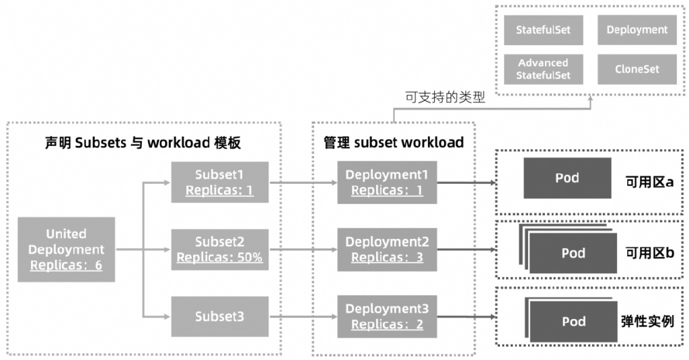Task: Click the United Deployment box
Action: coord(66,250)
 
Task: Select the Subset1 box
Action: coord(219,182)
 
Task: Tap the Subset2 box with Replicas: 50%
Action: coord(219,249)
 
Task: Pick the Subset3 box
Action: coord(219,316)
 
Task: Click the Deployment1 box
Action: coord(387,182)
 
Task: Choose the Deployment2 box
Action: coord(387,249)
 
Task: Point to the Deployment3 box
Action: coord(387,316)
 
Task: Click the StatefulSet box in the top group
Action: coord(543,30)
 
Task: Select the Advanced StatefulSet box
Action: coord(543,69)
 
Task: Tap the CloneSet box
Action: coord(637,69)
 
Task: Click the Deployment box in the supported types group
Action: coord(637,30)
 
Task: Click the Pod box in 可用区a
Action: coord(567,178)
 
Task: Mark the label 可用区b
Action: coord(649,253)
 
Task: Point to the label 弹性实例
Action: coord(647,321)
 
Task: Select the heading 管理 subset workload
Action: coord(393,143)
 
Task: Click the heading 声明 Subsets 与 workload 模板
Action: coord(143,143)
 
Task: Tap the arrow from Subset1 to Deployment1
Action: coord(303,182)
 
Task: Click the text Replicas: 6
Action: coord(66,265)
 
